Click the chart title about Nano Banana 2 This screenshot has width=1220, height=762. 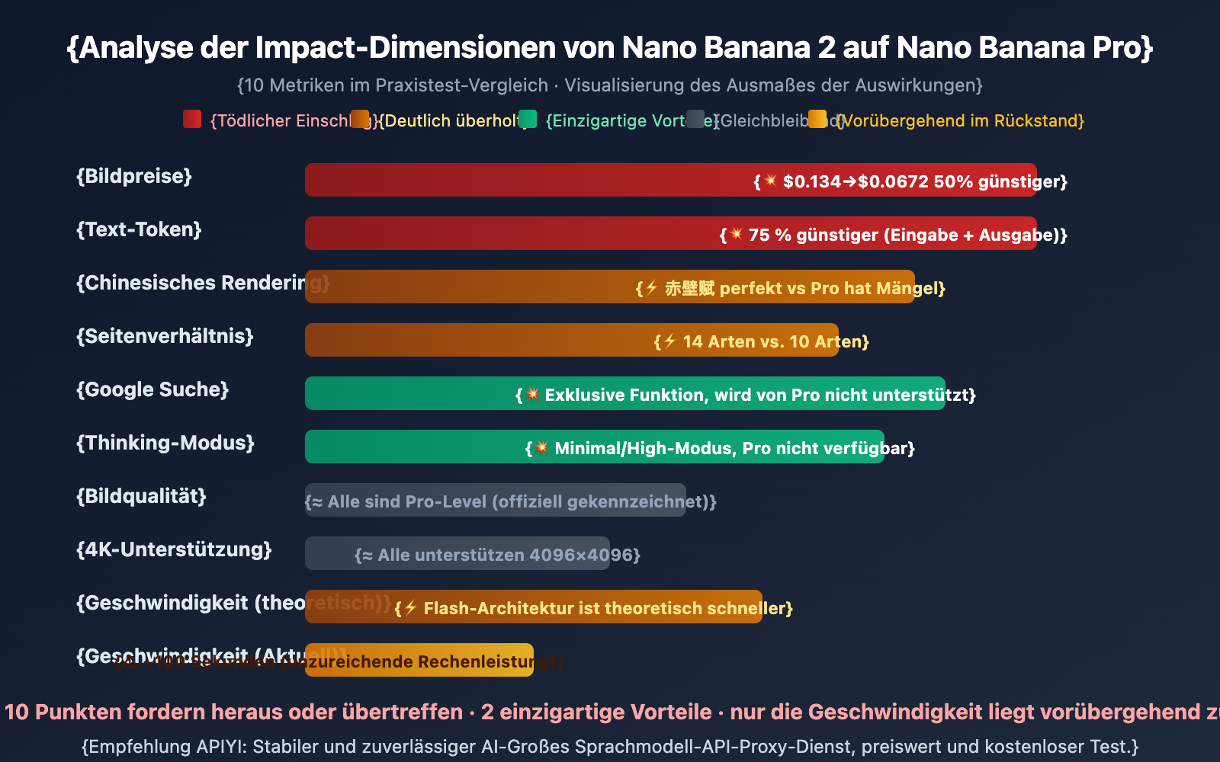coord(610,47)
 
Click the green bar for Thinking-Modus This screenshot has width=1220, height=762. coord(412,447)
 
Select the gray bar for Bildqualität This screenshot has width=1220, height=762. coord(496,500)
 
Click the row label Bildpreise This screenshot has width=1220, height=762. coord(134,176)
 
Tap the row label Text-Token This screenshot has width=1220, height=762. coord(139,229)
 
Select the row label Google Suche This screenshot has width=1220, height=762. coord(152,389)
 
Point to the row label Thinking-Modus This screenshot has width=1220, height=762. coord(165,443)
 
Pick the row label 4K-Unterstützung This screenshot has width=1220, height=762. coord(174,549)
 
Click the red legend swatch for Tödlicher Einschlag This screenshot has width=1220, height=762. coord(192,119)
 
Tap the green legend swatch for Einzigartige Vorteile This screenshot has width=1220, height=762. coord(528,119)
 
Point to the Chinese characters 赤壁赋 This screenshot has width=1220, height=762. coord(689,288)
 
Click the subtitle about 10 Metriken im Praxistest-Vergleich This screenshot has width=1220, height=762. coord(610,85)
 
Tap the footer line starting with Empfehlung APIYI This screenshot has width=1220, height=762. coord(610,746)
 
